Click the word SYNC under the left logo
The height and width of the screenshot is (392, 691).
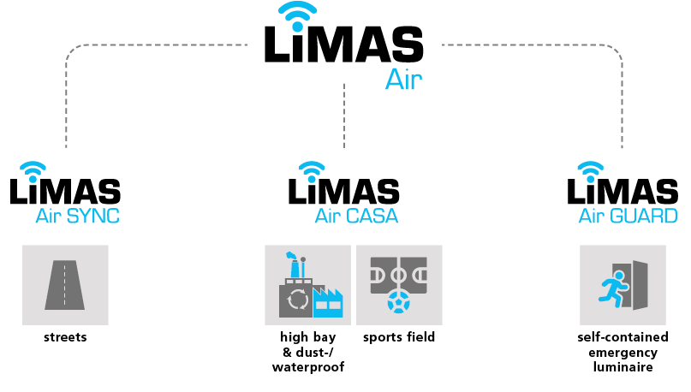[94, 216]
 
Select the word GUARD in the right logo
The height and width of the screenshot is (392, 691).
[646, 216]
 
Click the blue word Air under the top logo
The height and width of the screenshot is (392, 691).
[403, 80]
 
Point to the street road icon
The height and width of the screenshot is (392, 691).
[65, 285]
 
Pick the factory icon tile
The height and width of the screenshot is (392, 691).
[307, 285]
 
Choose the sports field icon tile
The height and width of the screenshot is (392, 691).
[399, 285]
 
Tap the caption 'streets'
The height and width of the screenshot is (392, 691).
[65, 337]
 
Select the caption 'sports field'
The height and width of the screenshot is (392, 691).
[399, 337]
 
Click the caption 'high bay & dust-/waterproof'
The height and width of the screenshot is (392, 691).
[307, 352]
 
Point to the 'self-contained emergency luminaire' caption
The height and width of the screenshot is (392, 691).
[617, 352]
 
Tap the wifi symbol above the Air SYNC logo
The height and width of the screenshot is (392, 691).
[33, 169]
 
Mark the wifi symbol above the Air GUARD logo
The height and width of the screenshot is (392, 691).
[590, 169]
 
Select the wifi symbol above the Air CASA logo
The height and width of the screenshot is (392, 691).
[312, 169]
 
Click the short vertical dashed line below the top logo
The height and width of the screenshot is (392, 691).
[344, 116]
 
